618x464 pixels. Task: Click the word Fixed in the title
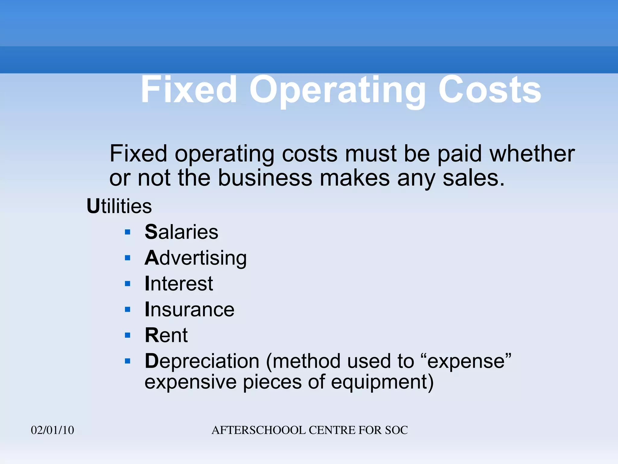pyautogui.click(x=189, y=90)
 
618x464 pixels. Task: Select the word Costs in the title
pyautogui.click(x=489, y=90)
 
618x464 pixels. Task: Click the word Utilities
pyautogui.click(x=119, y=206)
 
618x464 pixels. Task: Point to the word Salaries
pyautogui.click(x=181, y=232)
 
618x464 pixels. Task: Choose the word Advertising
pyautogui.click(x=196, y=258)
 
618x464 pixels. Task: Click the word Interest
pyautogui.click(x=179, y=284)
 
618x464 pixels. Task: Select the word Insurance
pyautogui.click(x=190, y=309)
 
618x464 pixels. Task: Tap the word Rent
pyautogui.click(x=166, y=335)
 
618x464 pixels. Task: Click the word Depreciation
pyautogui.click(x=202, y=361)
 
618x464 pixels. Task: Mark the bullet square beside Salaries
pyautogui.click(x=128, y=232)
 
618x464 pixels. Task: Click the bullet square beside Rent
pyautogui.click(x=128, y=335)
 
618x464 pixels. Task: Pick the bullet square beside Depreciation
pyautogui.click(x=128, y=361)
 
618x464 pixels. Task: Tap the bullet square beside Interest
pyautogui.click(x=128, y=284)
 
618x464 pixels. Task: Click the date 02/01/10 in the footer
pyautogui.click(x=53, y=430)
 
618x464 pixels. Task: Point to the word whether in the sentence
pyautogui.click(x=532, y=154)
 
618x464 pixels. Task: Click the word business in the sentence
pyautogui.click(x=265, y=178)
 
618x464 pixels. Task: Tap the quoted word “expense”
pyautogui.click(x=465, y=361)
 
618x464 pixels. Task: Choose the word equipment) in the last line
pyautogui.click(x=382, y=382)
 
